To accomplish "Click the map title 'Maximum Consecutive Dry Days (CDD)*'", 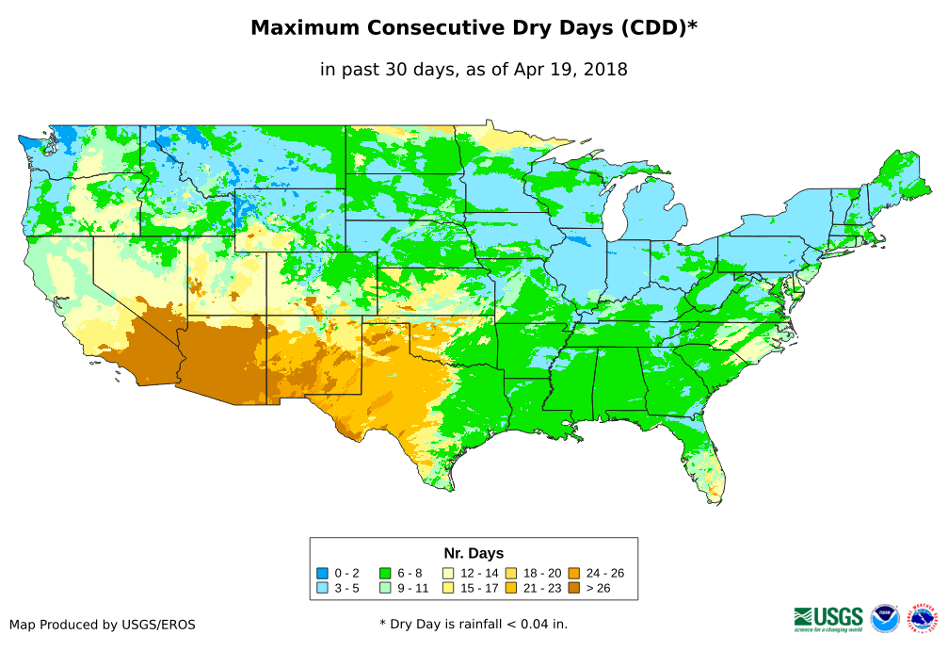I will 474,28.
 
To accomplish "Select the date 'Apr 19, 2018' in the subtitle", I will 570,69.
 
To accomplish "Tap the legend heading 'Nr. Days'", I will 474,553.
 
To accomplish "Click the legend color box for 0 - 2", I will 323,573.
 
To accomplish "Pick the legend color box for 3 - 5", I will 323,588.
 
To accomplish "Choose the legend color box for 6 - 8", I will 385,573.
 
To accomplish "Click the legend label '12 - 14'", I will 479,573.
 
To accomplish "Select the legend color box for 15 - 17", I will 448,588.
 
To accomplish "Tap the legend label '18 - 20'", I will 542,573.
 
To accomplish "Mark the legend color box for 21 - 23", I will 511,588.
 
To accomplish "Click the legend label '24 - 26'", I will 604,573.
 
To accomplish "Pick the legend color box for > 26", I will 573,588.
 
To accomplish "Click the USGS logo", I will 828,618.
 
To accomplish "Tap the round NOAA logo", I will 885,618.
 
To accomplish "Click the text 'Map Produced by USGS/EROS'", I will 103,625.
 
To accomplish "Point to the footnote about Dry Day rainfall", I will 474,624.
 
